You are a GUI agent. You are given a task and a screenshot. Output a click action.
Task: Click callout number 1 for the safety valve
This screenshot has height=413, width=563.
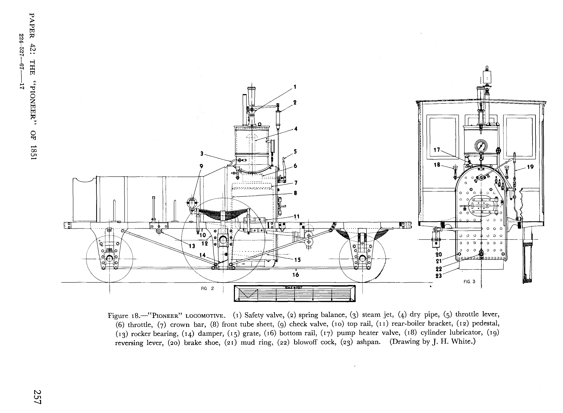[x=295, y=87]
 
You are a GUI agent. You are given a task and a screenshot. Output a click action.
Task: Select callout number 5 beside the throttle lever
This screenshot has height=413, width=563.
[x=295, y=151]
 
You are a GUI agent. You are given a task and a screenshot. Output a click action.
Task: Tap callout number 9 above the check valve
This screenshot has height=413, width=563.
[x=201, y=166]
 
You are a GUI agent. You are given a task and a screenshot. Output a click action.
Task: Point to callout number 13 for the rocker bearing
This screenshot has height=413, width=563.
[x=192, y=246]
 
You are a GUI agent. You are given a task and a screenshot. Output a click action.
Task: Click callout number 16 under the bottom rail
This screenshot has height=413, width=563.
[x=296, y=275]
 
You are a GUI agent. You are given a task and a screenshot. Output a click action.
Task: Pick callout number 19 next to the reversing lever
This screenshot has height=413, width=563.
[x=530, y=167]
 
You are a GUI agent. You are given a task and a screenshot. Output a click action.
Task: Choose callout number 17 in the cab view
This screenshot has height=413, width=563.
[x=437, y=150]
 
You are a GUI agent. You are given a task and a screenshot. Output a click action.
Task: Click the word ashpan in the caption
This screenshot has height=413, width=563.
[x=368, y=342]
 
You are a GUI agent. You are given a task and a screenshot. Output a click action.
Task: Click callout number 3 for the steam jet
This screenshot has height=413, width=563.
[x=202, y=154]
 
